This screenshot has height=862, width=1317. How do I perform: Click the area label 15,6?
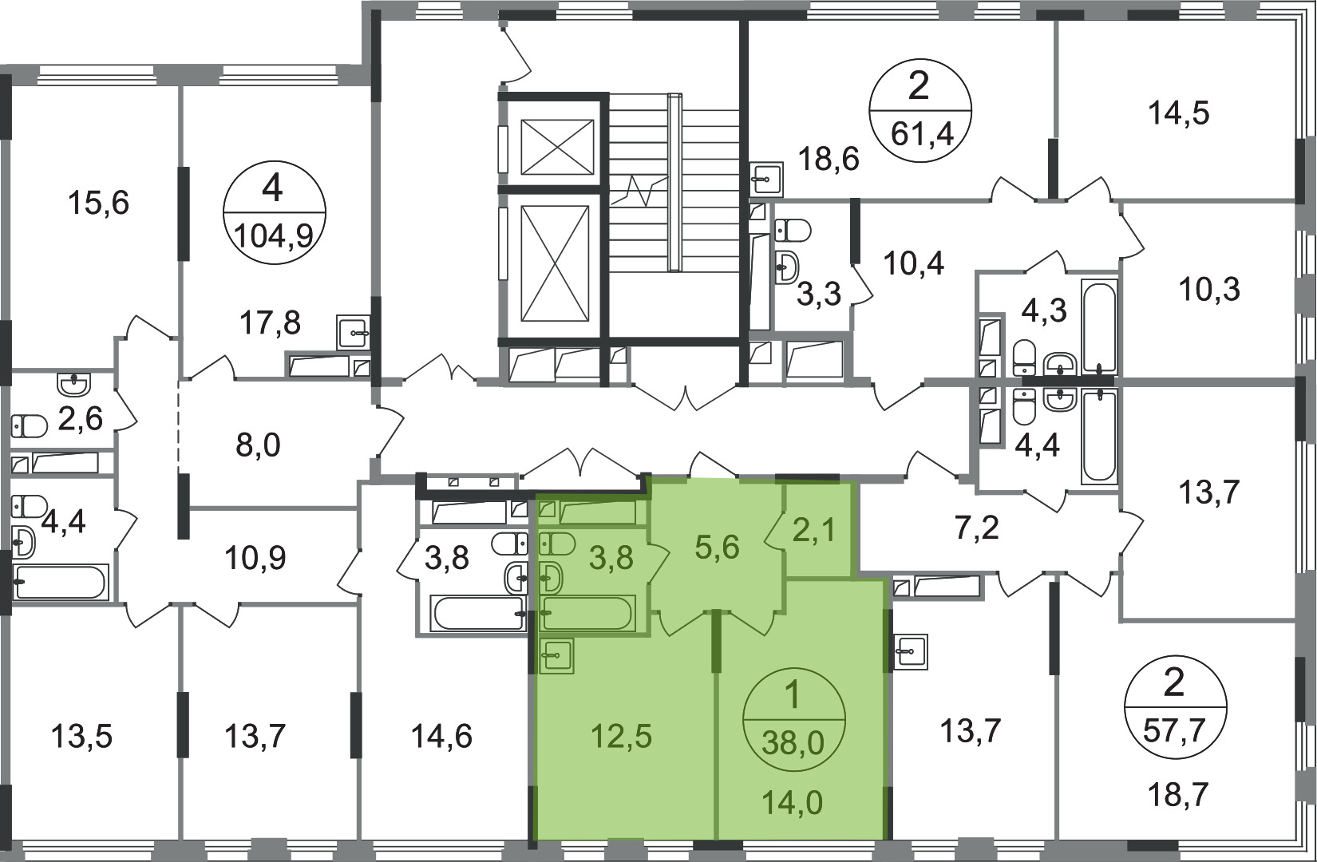tap(98, 204)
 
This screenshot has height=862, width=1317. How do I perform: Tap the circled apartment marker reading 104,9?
tap(275, 212)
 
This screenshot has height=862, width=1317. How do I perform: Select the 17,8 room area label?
tap(271, 322)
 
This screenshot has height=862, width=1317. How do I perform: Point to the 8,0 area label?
tap(258, 445)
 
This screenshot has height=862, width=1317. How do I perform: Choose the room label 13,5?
tap(81, 736)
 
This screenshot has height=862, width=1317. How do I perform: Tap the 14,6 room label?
tap(441, 736)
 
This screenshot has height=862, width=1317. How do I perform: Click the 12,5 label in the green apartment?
tap(622, 736)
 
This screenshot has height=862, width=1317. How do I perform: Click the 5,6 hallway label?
tap(718, 548)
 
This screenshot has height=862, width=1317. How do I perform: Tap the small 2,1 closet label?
tap(816, 531)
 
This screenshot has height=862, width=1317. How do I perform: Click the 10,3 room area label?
tap(1209, 290)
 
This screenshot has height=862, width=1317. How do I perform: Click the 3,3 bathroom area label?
tap(819, 294)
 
